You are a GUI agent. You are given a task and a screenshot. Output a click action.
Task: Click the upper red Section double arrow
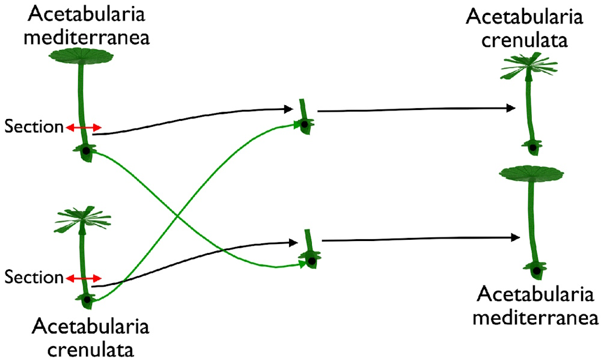tap(84, 127)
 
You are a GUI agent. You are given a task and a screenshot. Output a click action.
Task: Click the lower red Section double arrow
tap(84, 278)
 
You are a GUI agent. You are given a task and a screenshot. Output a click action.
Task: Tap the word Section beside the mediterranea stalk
tap(34, 127)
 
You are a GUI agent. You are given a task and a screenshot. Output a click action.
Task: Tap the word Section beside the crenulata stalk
tap(34, 278)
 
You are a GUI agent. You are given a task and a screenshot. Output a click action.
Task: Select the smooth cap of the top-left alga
tap(81, 56)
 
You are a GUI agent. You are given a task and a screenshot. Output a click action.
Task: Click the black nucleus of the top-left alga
tap(86, 151)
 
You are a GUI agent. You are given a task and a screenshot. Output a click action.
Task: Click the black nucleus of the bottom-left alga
tap(87, 299)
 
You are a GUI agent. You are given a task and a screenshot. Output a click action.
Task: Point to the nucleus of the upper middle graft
tap(305, 124)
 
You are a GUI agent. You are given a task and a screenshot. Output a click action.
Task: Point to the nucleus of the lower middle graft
tap(311, 261)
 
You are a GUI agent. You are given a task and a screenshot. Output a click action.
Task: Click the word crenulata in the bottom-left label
tap(90, 348)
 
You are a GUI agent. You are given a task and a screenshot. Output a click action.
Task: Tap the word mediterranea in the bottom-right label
tap(534, 317)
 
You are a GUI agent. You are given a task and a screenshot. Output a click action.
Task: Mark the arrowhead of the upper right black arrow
tap(511, 108)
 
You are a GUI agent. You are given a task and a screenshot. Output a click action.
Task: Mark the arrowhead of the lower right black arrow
tap(514, 238)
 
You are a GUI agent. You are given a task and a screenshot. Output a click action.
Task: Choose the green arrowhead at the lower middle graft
tap(302, 264)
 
